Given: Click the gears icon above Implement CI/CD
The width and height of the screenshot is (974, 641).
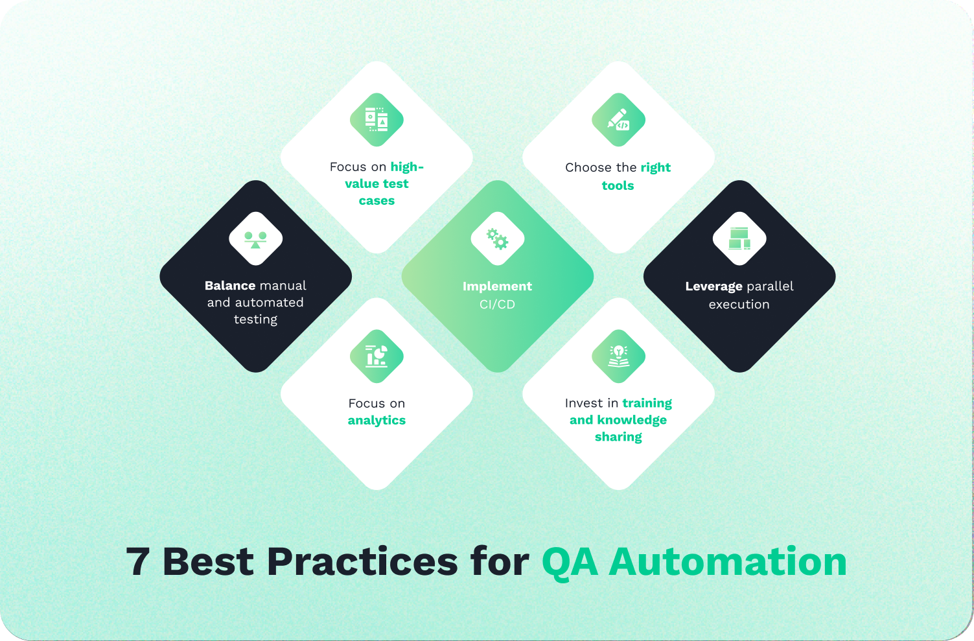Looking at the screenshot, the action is pyautogui.click(x=498, y=239).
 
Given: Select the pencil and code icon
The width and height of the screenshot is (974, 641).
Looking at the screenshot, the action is pyautogui.click(x=618, y=120).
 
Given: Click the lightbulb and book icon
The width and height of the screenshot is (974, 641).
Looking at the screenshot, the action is pyautogui.click(x=618, y=356).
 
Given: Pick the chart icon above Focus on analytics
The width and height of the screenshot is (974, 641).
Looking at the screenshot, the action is pyautogui.click(x=377, y=356).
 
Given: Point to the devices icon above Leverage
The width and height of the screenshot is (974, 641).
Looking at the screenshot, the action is pyautogui.click(x=739, y=239).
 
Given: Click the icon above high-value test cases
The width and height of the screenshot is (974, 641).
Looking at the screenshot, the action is pyautogui.click(x=377, y=120).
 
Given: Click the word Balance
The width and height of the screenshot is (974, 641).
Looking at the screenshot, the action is pyautogui.click(x=230, y=286).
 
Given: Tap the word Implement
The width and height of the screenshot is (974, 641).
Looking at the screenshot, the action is pyautogui.click(x=497, y=286).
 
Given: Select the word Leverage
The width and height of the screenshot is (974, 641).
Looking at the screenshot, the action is pyautogui.click(x=713, y=286).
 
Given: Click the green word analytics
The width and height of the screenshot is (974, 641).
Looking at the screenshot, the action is pyautogui.click(x=377, y=421).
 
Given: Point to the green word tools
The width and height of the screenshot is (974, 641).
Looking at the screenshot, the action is pyautogui.click(x=618, y=186).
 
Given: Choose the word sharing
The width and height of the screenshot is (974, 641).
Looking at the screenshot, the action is pyautogui.click(x=618, y=437).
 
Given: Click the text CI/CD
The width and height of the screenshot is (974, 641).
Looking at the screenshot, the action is pyautogui.click(x=498, y=305).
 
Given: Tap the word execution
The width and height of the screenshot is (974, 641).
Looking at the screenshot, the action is pyautogui.click(x=739, y=305).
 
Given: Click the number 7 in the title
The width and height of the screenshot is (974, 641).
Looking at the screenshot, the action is pyautogui.click(x=138, y=562).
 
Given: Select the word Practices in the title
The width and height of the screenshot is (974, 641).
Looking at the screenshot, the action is pyautogui.click(x=362, y=561).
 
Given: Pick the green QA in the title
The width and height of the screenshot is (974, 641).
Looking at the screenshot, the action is pyautogui.click(x=570, y=563).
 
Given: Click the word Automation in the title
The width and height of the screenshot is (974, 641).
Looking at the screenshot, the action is pyautogui.click(x=728, y=561).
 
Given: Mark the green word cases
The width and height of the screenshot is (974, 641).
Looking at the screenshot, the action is pyautogui.click(x=377, y=201).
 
